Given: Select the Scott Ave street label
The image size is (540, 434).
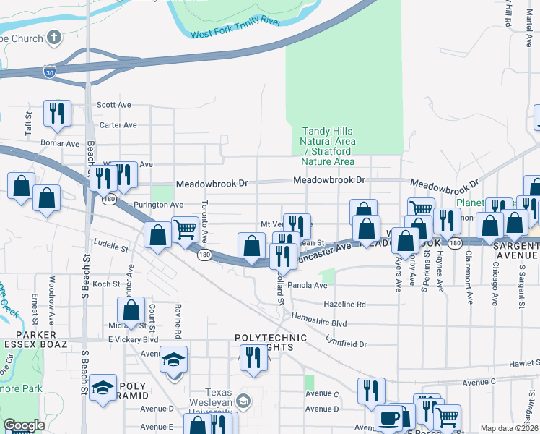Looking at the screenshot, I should point(114,105).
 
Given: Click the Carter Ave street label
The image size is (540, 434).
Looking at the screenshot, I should point(118,125).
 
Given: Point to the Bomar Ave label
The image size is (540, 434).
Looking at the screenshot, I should point(60,144).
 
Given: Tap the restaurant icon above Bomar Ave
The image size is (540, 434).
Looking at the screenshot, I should point(57,113).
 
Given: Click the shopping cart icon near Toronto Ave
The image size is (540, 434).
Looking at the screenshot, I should point(186,229).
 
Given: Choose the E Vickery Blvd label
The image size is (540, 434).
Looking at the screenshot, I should point(133,339).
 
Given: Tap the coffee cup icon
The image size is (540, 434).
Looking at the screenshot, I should point(389,419).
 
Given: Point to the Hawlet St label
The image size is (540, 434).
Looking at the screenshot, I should point(518,364).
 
